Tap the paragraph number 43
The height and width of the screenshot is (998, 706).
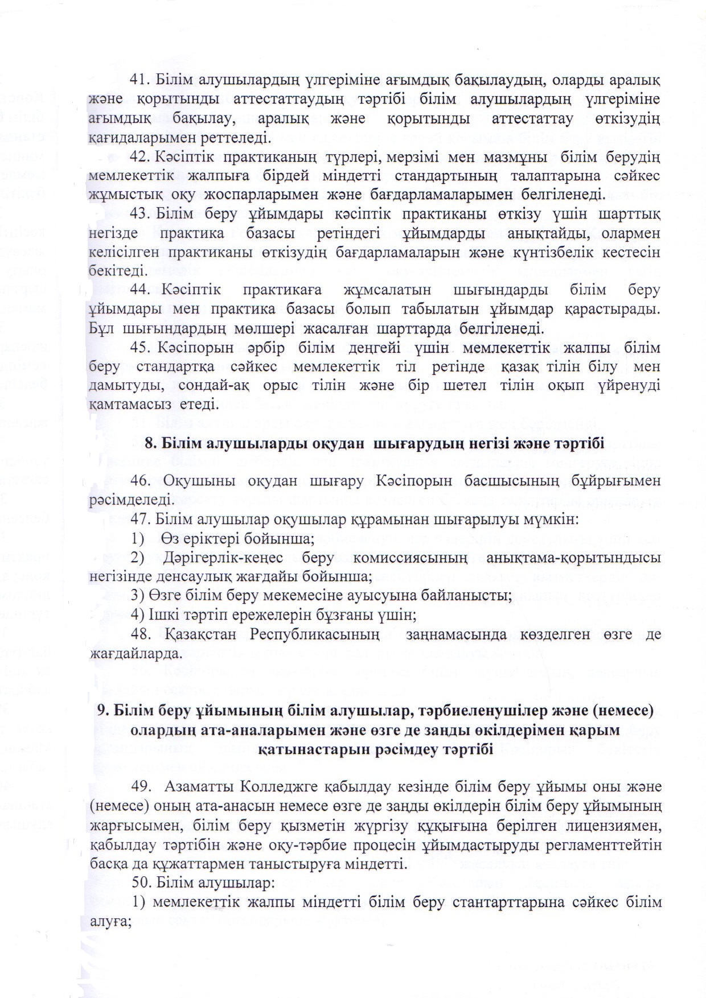tap(139, 215)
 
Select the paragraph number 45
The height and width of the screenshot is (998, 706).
tap(139, 347)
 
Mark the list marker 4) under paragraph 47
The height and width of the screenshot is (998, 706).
tap(137, 615)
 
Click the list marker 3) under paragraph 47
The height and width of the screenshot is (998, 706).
tap(137, 596)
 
